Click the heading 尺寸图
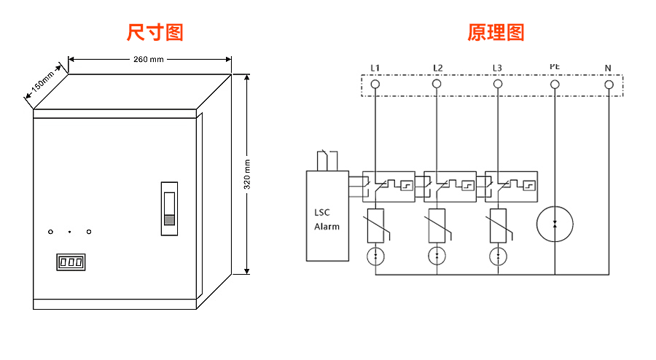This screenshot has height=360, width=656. click(155, 32)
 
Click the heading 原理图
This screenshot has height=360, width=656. click(496, 32)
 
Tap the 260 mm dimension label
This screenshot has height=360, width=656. click(149, 60)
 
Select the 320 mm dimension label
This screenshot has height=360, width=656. click(246, 175)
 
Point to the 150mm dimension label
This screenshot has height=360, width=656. click(42, 85)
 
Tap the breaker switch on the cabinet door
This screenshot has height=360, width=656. click(169, 208)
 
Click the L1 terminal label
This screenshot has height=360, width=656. click(375, 69)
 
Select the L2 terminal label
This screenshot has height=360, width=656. click(437, 69)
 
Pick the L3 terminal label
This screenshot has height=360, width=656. click(497, 69)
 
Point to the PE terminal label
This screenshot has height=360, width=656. click(555, 67)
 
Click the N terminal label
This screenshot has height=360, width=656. click(608, 69)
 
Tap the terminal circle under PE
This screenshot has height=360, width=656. click(555, 85)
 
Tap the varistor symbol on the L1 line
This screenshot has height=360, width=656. click(375, 224)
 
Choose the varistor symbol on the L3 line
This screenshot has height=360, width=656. click(498, 224)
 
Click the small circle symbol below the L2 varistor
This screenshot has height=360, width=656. click(437, 256)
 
